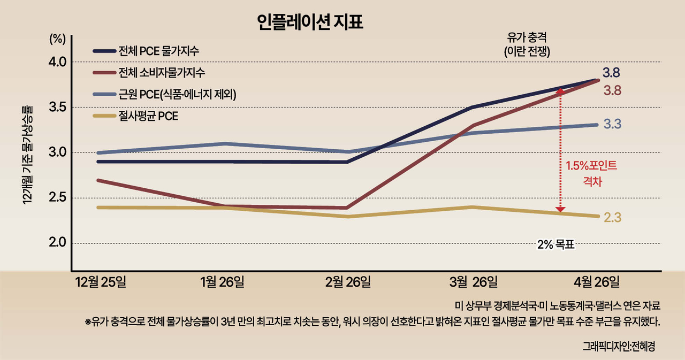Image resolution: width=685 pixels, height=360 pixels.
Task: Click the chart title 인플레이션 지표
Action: coord(310,22)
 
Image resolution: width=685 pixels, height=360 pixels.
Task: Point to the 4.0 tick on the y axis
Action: coord(57,62)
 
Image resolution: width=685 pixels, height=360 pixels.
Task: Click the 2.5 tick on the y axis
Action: coord(57,198)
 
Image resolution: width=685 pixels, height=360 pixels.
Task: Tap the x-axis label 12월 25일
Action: coord(101,282)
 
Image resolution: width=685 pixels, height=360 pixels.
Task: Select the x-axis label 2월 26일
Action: coord(348,282)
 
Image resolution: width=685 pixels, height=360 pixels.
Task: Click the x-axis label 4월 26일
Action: coord(597,282)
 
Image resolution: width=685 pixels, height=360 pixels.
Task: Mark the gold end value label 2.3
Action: coord(613,218)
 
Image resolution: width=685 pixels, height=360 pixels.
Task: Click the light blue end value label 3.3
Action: coord(613,124)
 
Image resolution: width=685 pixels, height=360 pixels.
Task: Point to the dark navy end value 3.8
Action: coord(611,73)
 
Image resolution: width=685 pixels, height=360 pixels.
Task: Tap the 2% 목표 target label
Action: coord(556,244)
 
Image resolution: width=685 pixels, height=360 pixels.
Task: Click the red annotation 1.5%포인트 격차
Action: coord(591,174)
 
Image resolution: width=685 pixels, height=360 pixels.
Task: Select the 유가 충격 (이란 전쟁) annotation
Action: coord(527,44)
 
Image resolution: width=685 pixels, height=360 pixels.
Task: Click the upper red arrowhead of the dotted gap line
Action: coord(560,91)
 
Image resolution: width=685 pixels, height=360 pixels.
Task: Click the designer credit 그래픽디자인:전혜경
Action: coord(619,347)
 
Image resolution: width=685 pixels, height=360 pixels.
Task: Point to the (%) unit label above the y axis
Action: coord(57,39)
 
